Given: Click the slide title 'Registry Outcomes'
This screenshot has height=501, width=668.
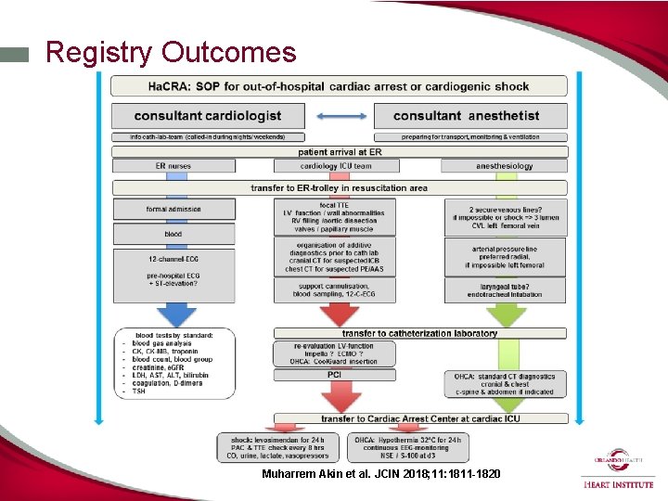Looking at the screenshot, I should (171, 52).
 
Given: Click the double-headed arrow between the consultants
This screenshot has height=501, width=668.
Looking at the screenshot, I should (340, 116).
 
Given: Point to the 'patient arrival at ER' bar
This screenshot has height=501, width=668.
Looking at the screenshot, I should (340, 152).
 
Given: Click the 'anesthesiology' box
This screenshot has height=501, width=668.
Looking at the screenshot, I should (504, 166).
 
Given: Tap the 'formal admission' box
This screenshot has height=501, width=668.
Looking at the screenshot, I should (173, 209).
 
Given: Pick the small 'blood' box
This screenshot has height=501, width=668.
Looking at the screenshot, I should (173, 234).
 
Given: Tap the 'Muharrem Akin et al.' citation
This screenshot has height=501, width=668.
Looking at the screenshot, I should (381, 473).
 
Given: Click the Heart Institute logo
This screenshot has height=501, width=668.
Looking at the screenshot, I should (617, 469).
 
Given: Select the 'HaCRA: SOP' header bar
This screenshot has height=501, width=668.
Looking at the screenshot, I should (339, 86).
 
